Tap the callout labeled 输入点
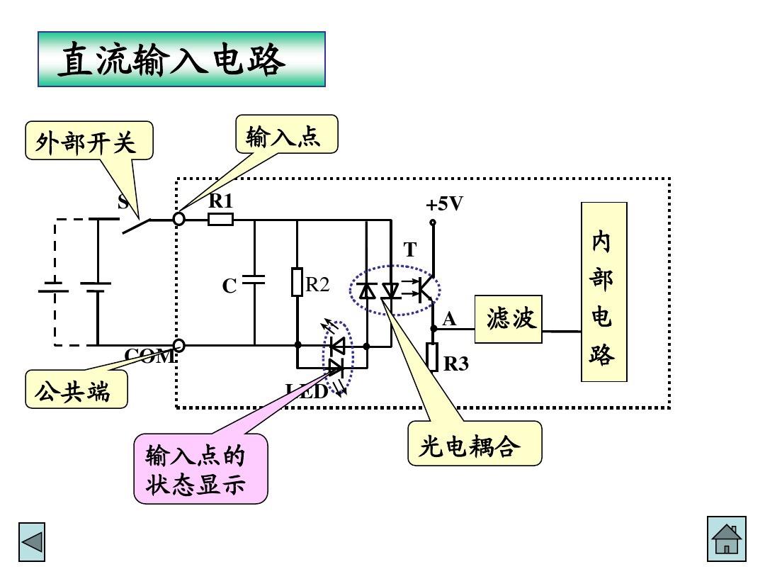pos(286,135)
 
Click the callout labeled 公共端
pos(76,390)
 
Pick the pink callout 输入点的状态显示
pos(200,468)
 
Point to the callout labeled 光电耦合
pos(474,444)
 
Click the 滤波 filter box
pos(509,320)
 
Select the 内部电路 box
pos(603,292)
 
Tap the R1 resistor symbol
pos(220,220)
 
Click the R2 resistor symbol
pos(297,282)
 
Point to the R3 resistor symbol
pos(433,356)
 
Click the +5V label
pos(443,204)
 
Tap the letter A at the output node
pos(449,320)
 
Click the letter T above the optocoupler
pos(410,250)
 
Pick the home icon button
pos(726,539)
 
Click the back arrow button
pos(32,542)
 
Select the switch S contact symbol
pos(137,225)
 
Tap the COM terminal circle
pos(179,345)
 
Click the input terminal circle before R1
pos(179,219)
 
